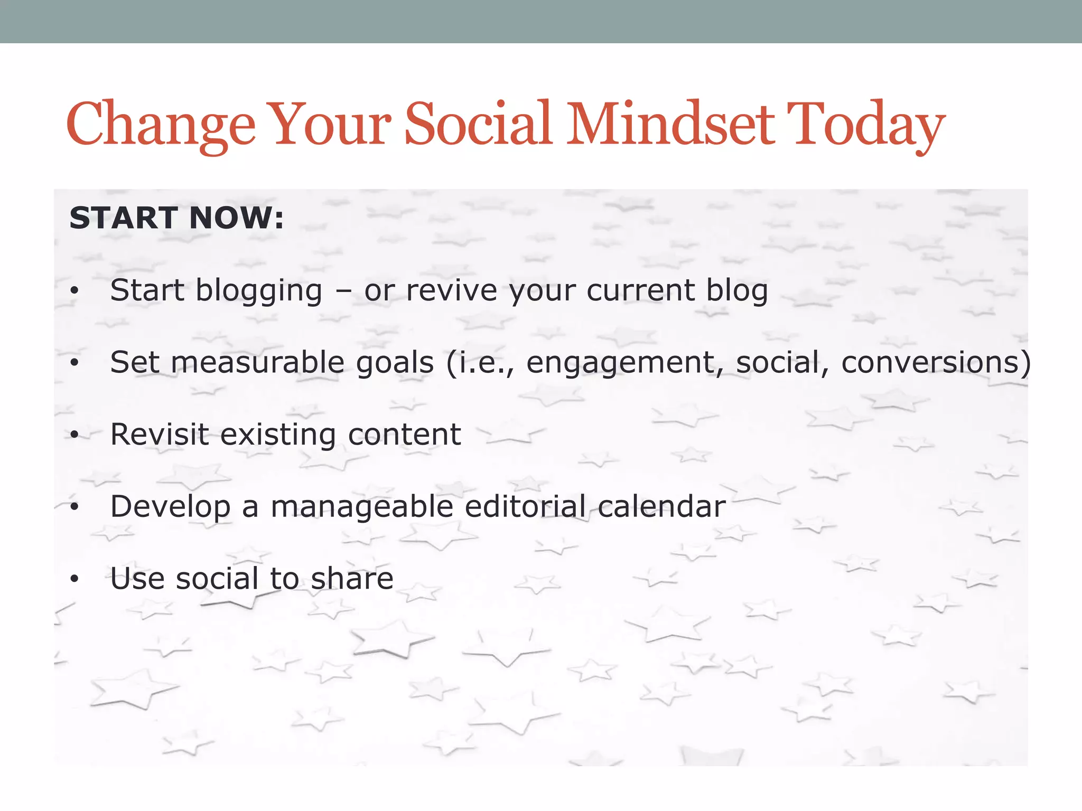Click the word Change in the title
point(161,125)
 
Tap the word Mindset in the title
point(670,125)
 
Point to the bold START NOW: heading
point(176,218)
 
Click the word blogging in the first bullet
point(259,291)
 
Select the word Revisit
point(159,435)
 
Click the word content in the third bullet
point(404,435)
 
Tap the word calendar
point(661,506)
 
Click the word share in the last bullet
point(352,579)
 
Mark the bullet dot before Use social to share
point(74,579)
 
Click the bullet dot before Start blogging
point(74,291)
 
